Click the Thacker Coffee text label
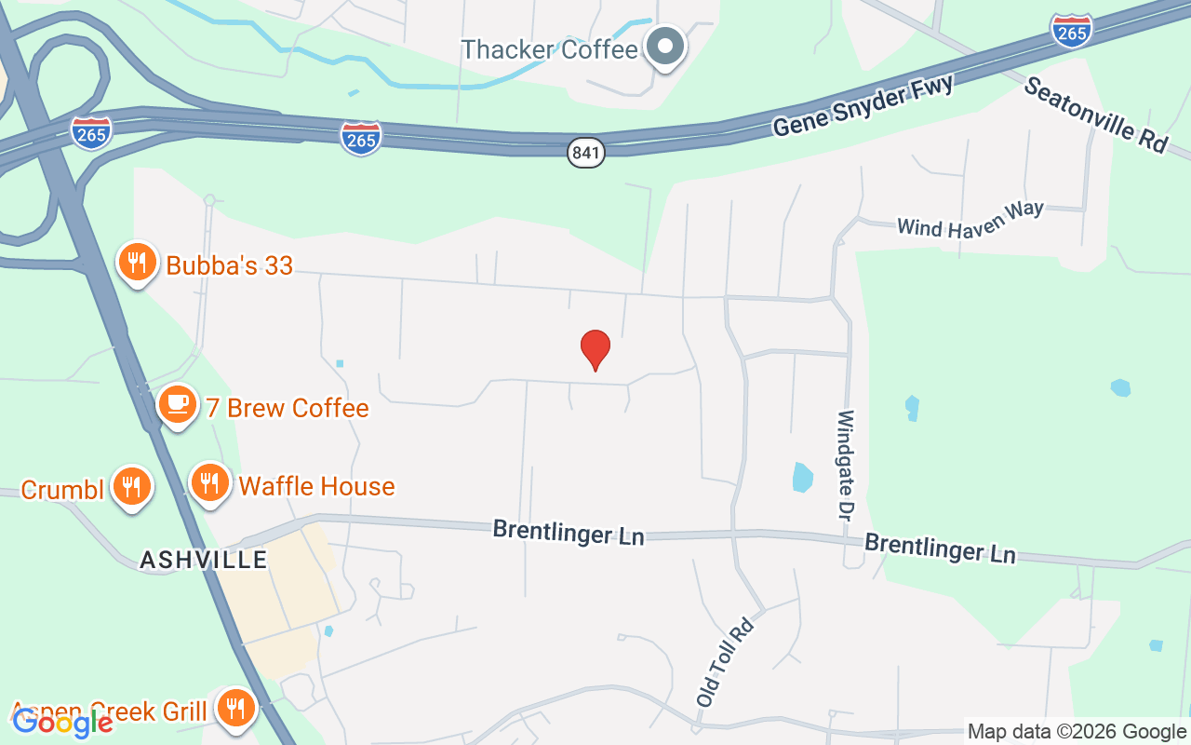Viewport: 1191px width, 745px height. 549,49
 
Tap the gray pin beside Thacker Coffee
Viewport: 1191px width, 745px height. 665,46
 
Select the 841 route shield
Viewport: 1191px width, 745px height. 586,153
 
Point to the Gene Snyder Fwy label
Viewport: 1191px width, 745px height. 863,106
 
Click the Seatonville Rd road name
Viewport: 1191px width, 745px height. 1095,115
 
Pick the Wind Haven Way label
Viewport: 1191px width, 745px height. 970,220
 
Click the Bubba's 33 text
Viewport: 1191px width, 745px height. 229,265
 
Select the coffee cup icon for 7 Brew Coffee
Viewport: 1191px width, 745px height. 177,405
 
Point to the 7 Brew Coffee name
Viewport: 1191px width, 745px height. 288,408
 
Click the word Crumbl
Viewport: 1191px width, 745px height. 62,489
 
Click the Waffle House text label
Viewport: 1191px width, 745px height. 316,486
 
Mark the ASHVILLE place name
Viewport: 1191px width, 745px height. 203,560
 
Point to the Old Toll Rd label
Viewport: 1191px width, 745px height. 724,660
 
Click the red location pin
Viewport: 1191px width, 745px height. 595,349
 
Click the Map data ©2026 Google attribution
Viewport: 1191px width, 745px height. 1077,732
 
